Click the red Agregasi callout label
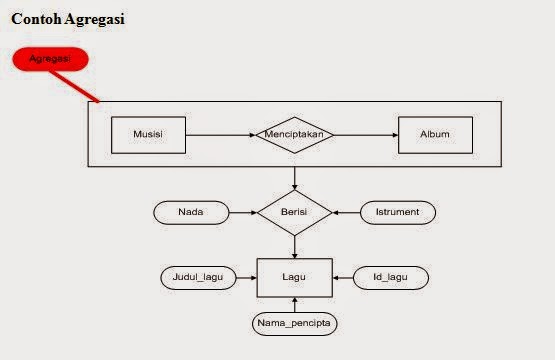click(50, 59)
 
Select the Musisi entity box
click(147, 135)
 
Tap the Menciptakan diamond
click(295, 135)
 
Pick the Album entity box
click(435, 135)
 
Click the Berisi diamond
click(294, 213)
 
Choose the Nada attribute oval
click(190, 213)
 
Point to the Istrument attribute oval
click(397, 213)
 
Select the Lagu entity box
click(294, 277)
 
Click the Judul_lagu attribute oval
click(199, 277)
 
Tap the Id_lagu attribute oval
click(391, 277)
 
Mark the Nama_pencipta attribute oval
click(294, 324)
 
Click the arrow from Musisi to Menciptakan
click(220, 135)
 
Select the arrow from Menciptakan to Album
click(366, 135)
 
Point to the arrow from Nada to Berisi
click(242, 213)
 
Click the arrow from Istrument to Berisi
click(346, 213)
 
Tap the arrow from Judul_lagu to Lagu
click(247, 277)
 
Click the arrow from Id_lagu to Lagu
click(342, 277)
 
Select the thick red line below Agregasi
click(84, 88)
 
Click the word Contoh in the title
click(36, 19)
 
